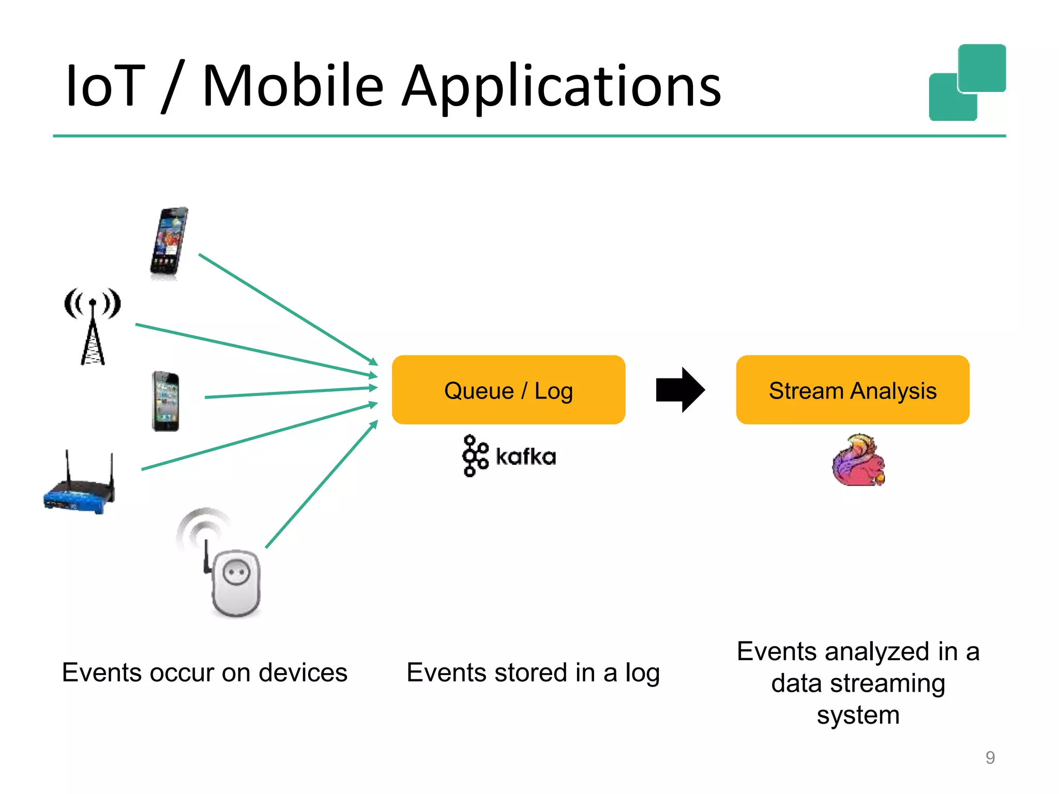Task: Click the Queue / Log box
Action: coord(508,390)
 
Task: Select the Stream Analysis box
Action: coord(852,390)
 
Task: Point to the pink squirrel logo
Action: coord(858,460)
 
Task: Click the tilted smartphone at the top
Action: coord(169,243)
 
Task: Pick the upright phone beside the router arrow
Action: coord(165,401)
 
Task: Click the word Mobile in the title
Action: coord(293,86)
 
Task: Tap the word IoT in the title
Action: coord(104,86)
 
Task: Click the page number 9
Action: coord(990,758)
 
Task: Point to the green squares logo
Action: coord(967,83)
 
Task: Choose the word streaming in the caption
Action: coord(887,683)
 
